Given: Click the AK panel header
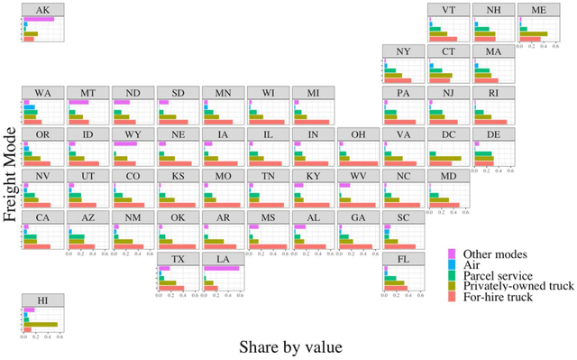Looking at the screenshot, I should [x=42, y=9].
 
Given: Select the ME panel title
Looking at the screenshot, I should [x=538, y=9].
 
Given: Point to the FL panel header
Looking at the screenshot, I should [x=403, y=259].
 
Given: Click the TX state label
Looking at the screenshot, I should [x=178, y=259].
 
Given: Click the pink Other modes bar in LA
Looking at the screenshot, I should [x=222, y=268].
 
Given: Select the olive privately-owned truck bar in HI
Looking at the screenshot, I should [x=41, y=324].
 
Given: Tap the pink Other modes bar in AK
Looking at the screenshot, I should [x=39, y=19].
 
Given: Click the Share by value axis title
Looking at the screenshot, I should [x=290, y=346].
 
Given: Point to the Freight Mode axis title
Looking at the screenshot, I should [x=12, y=180].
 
